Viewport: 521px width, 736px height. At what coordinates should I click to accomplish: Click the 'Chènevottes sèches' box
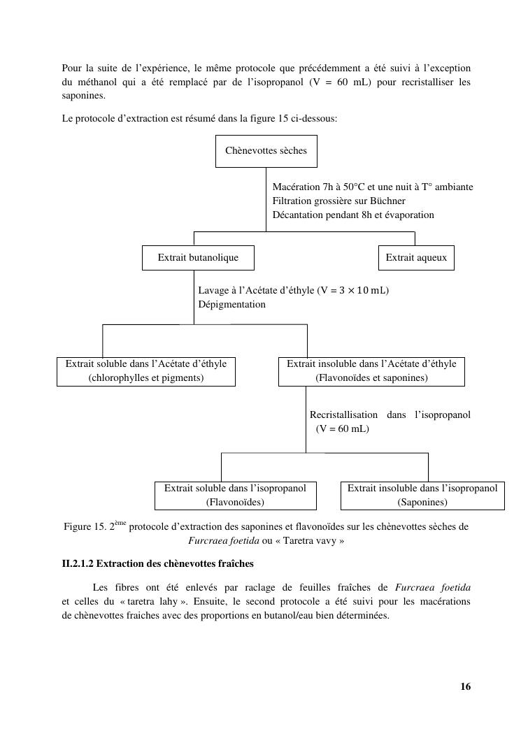click(266, 151)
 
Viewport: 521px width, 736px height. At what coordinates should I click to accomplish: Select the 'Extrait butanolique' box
click(198, 258)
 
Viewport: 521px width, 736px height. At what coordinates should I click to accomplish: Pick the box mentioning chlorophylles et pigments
click(145, 371)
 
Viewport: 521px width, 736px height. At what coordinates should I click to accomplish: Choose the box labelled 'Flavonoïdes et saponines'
click(371, 371)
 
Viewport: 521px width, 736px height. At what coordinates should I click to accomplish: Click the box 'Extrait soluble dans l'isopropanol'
click(235, 496)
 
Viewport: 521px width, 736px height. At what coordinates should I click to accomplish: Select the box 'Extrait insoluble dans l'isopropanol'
click(422, 496)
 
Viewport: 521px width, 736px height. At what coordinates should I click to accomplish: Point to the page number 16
click(466, 686)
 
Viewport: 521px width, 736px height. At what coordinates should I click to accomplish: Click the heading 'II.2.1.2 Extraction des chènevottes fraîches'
click(158, 563)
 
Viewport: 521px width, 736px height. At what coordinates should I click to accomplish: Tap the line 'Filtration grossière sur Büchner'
click(338, 201)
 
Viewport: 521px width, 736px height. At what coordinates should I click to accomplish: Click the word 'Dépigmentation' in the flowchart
click(231, 305)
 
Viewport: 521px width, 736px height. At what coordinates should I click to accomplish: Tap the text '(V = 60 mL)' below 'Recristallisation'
click(342, 429)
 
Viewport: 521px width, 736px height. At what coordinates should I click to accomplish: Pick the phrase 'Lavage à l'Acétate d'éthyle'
click(256, 291)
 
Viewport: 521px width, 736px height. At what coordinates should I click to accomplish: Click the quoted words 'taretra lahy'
click(153, 601)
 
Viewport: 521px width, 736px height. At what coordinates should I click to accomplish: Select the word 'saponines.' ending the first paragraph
click(83, 96)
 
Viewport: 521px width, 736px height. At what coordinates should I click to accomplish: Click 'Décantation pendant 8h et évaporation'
click(353, 215)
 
